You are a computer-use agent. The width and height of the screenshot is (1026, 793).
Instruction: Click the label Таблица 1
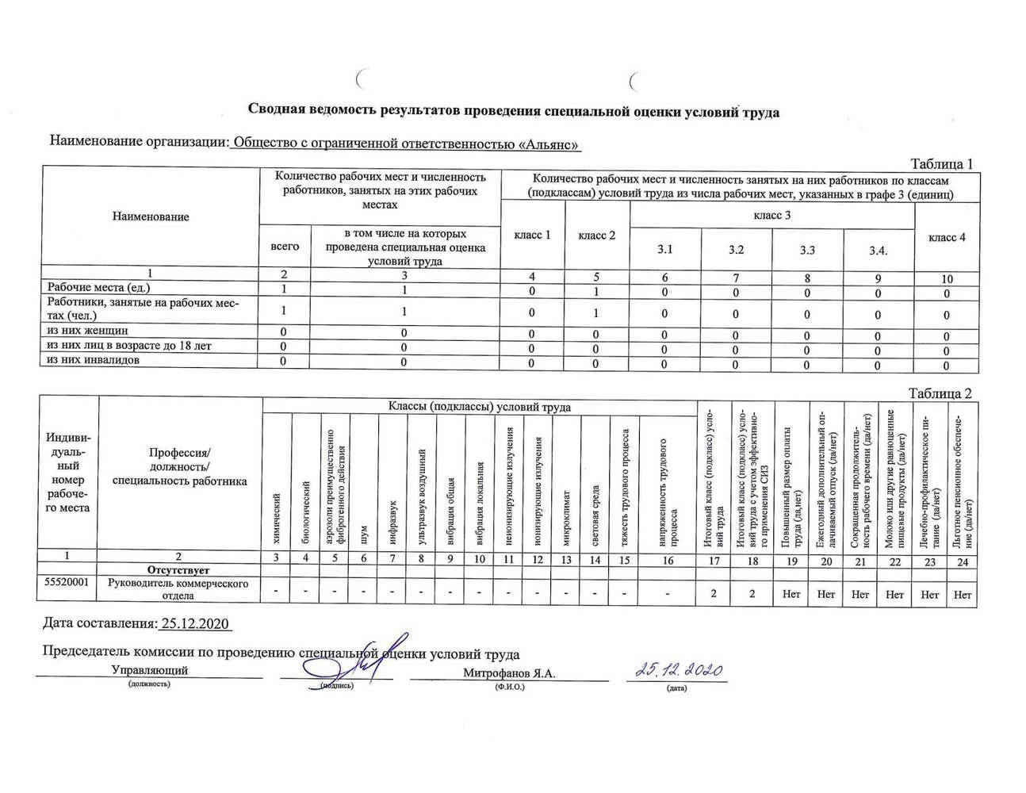coord(941,164)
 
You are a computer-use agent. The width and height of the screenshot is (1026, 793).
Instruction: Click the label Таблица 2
coord(940,393)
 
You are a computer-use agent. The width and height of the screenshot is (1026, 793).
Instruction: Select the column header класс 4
coord(947,237)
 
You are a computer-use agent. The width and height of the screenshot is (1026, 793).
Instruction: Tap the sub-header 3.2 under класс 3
coord(737,250)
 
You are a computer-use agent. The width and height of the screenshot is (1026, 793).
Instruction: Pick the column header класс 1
coord(532,235)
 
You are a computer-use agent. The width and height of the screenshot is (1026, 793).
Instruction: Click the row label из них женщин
coord(87,331)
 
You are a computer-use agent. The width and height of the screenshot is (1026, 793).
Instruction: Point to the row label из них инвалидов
coord(93,360)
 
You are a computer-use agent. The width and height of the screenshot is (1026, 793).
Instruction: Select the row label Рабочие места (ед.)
coord(98,288)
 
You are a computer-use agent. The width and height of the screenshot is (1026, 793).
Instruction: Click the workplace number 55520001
coord(67,583)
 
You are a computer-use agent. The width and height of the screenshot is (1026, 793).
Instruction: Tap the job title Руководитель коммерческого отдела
coord(178,589)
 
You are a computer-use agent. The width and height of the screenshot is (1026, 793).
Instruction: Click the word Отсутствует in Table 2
coord(178,570)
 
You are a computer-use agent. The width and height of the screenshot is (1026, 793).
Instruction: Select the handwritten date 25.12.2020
coord(680,670)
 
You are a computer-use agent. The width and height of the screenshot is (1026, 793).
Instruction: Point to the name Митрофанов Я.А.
coord(509,673)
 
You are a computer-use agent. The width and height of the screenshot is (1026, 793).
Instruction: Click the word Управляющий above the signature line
coord(150,670)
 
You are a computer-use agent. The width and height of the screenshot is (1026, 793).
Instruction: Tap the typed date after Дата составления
coord(195,623)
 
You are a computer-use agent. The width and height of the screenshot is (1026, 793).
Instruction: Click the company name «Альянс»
coord(549,144)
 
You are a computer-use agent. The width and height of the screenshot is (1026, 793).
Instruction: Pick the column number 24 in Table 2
coord(963,561)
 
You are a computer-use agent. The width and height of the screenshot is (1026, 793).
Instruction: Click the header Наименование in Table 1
coord(151,216)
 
